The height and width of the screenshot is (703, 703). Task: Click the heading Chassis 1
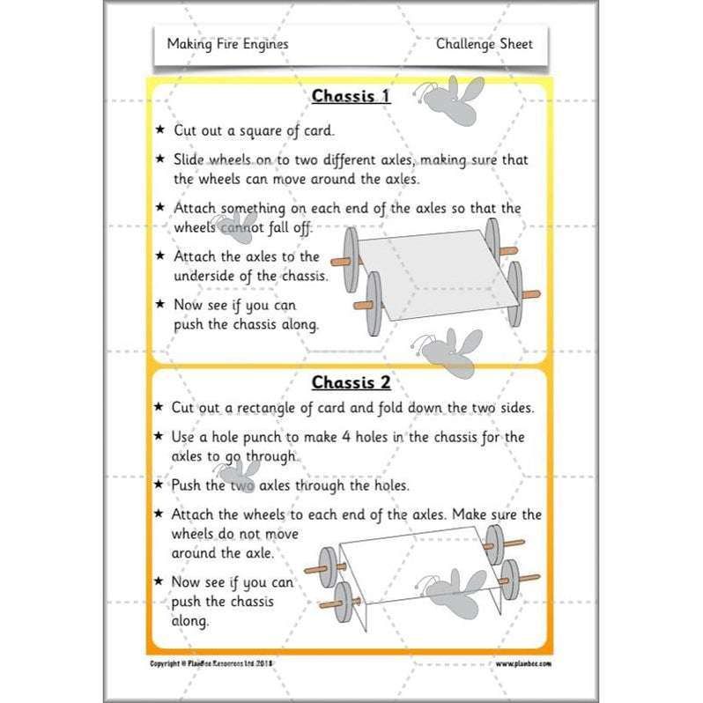pos(351,96)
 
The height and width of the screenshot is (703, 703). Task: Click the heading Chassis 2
pos(351,383)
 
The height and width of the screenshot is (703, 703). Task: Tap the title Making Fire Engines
pos(227,43)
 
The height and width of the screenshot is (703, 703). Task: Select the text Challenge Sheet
pos(484,43)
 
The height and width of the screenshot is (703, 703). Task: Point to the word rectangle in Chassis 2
pos(289,408)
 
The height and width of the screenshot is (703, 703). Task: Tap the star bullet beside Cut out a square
pos(159,129)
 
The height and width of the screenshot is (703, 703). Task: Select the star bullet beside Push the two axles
pos(159,485)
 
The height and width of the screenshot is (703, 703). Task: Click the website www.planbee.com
pos(523,663)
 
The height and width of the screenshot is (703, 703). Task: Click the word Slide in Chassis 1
pos(190,159)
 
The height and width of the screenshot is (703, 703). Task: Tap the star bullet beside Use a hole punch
pos(159,436)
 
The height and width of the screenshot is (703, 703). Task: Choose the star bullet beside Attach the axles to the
pos(159,255)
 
